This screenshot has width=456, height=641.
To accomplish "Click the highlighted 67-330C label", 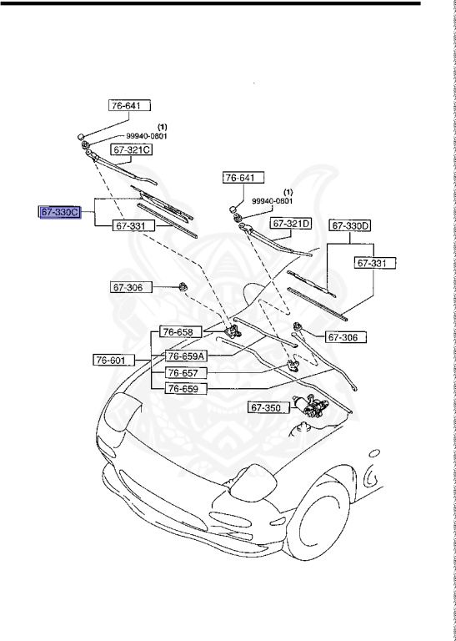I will click(59, 213).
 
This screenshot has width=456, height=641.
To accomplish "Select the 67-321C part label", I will click(133, 149).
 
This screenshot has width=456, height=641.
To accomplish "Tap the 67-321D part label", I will click(290, 224).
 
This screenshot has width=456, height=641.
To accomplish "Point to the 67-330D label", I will click(351, 225).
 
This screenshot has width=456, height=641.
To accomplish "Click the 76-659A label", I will click(186, 355).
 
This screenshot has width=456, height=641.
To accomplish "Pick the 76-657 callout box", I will click(182, 372).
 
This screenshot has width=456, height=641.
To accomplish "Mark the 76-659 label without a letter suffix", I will click(182, 388).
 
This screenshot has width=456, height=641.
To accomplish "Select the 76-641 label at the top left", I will click(129, 106).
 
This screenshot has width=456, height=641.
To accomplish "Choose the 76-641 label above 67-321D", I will click(243, 177).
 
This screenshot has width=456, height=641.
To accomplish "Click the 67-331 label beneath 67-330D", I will click(373, 263).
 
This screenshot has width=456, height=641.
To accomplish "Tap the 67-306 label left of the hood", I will click(128, 287).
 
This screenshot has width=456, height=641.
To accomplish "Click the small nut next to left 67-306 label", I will click(181, 288).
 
